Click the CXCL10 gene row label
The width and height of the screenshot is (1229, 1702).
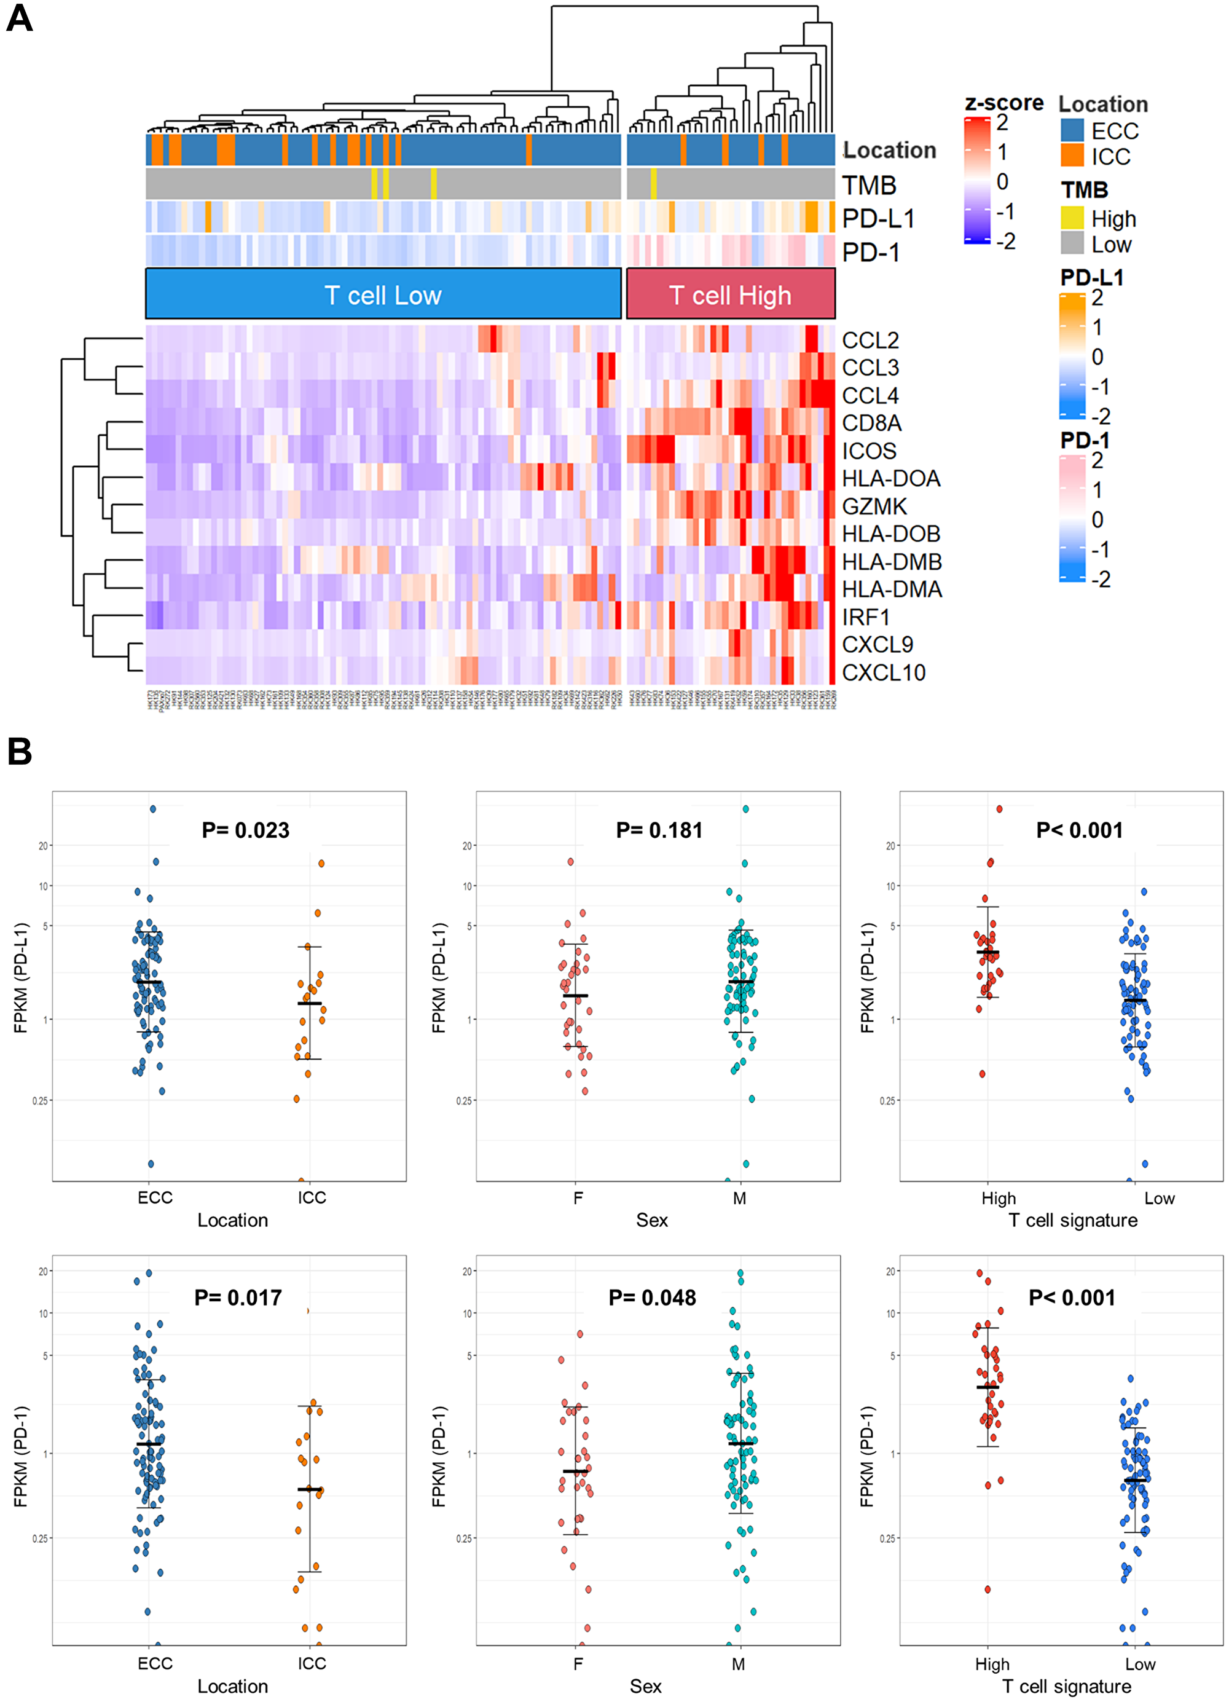point(883,672)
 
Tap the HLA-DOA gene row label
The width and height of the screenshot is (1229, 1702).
point(890,479)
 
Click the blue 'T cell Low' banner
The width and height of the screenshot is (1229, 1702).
point(383,295)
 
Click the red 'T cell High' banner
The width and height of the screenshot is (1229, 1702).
point(730,295)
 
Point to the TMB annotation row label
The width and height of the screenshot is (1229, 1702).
point(869,184)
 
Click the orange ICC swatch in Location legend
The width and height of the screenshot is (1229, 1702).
point(1072,156)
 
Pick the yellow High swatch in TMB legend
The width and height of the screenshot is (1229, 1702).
point(1072,218)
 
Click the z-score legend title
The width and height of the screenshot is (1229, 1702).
point(1003,103)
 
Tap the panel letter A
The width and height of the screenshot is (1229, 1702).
point(20,18)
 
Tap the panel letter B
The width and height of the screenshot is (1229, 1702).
point(20,751)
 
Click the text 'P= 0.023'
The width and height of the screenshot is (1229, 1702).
point(245,830)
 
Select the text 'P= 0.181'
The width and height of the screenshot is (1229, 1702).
point(659,830)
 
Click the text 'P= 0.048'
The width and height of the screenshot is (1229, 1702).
point(652,1298)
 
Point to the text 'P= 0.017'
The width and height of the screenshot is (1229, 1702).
point(238,1298)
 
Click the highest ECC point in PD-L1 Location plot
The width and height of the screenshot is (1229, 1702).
point(152,809)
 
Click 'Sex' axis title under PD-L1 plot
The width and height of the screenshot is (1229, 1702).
point(651,1220)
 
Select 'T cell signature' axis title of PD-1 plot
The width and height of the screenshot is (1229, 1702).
point(1066,1686)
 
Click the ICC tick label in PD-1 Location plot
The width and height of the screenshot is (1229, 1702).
point(312,1664)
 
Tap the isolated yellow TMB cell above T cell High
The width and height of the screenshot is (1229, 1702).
point(653,184)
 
